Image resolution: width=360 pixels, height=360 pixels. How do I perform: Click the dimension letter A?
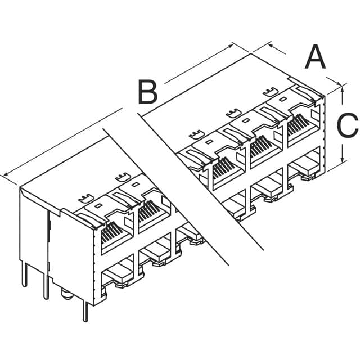coord(315,58)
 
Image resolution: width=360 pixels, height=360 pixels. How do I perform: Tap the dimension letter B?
coord(147,92)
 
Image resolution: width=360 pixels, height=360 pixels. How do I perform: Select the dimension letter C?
coord(347,125)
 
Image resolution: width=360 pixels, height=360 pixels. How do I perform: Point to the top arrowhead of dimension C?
coord(341,86)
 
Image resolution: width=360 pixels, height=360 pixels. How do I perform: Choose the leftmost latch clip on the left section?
coord(84,199)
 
